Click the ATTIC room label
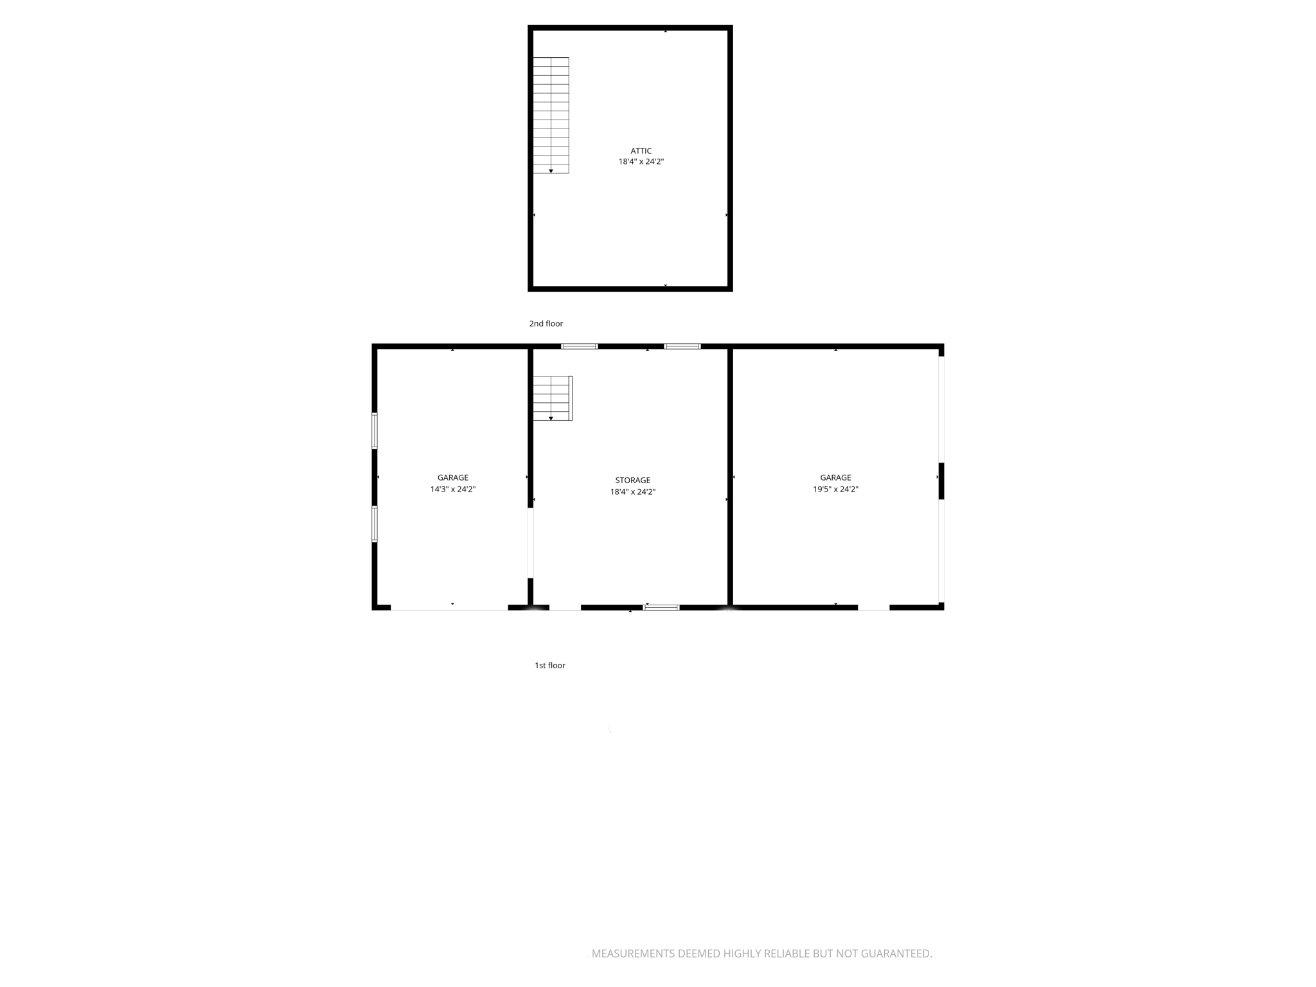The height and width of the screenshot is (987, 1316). click(x=641, y=151)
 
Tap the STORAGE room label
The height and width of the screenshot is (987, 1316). click(x=632, y=480)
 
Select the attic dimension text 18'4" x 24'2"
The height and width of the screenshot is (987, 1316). click(x=641, y=162)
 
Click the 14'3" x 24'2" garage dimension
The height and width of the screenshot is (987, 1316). click(x=452, y=489)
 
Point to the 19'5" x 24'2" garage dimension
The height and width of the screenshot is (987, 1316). click(x=835, y=489)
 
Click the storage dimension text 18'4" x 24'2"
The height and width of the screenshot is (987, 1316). click(x=632, y=492)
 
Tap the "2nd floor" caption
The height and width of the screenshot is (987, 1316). click(x=546, y=324)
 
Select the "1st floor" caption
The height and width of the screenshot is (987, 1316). click(x=549, y=665)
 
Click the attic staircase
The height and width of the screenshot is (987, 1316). click(x=551, y=115)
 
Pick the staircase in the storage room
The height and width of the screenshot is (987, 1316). click(x=552, y=398)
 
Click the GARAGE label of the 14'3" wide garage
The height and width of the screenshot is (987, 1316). click(x=452, y=477)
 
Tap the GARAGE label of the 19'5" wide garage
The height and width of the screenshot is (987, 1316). click(x=835, y=477)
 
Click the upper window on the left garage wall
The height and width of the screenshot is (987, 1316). click(x=375, y=431)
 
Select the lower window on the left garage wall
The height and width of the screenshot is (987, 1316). click(x=375, y=524)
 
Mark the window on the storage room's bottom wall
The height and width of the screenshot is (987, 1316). click(x=661, y=607)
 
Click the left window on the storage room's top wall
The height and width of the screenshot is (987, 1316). click(x=579, y=346)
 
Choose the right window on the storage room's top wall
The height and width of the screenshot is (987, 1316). click(x=682, y=346)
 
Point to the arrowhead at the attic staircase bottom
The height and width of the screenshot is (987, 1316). click(x=551, y=171)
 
